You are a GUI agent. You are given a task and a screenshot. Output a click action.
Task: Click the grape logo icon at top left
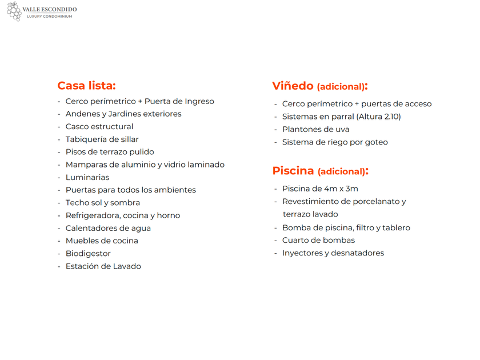click(14, 11)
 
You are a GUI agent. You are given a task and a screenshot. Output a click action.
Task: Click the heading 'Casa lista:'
click(86, 86)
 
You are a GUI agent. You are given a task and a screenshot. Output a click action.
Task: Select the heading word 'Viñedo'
click(293, 86)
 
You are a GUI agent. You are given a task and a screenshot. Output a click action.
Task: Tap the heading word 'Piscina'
click(293, 170)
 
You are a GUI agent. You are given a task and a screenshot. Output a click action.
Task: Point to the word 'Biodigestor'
click(88, 253)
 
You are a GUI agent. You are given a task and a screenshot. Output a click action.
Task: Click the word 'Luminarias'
click(87, 177)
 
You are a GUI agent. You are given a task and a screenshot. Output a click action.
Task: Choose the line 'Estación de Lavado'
click(103, 266)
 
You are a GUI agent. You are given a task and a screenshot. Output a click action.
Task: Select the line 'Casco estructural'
click(99, 126)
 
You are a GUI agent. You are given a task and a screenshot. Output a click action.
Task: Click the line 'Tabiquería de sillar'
click(102, 139)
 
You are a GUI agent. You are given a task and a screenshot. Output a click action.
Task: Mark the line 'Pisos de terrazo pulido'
click(110, 152)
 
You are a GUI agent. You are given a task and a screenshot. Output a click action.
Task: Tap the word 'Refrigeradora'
click(93, 215)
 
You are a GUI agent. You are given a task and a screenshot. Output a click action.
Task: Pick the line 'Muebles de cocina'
click(102, 241)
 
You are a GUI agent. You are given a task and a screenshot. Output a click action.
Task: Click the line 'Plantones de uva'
click(315, 129)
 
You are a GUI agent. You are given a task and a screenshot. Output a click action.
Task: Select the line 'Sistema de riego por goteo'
click(335, 142)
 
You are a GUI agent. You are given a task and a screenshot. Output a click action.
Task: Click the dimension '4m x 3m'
click(341, 189)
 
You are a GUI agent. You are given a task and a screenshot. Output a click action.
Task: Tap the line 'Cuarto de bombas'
click(318, 240)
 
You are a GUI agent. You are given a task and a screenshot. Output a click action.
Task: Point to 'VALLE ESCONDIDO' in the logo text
click(50, 10)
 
